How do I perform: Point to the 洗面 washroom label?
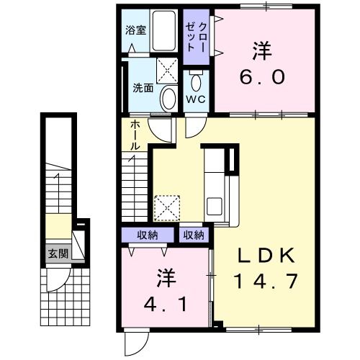point(142,89)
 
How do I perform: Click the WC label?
point(195,99)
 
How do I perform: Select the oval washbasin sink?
point(167,97)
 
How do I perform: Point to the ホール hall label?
point(135,136)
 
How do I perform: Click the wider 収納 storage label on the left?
point(148,235)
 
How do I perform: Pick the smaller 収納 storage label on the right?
point(193,235)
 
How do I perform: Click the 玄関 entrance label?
point(58,253)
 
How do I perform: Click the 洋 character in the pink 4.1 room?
point(164,278)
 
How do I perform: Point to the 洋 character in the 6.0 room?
point(262,51)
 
